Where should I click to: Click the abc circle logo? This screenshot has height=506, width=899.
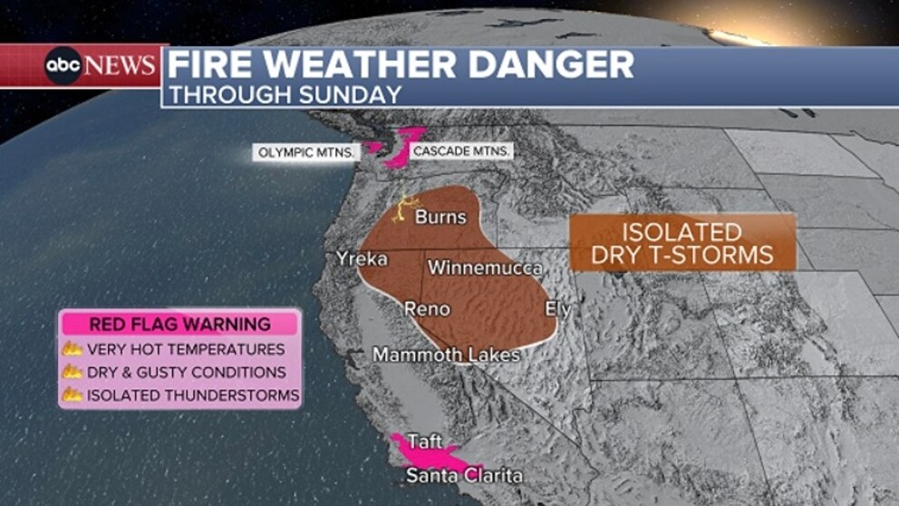[64, 66]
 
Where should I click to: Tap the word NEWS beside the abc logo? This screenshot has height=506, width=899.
[121, 66]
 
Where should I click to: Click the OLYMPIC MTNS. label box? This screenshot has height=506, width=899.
[307, 151]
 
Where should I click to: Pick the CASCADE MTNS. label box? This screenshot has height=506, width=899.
[460, 151]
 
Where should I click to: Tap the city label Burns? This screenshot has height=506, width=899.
[440, 218]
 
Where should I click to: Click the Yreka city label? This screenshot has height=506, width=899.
[362, 259]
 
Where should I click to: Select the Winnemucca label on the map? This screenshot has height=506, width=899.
[485, 268]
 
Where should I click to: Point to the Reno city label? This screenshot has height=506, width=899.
[426, 309]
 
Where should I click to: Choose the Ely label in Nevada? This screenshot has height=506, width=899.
[558, 309]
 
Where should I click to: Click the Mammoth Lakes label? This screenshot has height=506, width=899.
[446, 355]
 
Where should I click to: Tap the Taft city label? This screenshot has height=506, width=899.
[425, 442]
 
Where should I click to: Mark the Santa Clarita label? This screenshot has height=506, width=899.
[463, 475]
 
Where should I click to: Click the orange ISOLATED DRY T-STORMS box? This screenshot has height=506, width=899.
[682, 242]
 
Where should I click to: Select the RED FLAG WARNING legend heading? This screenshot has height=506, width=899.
[179, 324]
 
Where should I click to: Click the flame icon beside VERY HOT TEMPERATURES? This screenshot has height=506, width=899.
[72, 349]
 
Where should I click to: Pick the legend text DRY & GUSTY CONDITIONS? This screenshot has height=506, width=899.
[186, 372]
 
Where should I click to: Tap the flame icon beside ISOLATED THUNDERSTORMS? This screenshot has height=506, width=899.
[72, 395]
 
